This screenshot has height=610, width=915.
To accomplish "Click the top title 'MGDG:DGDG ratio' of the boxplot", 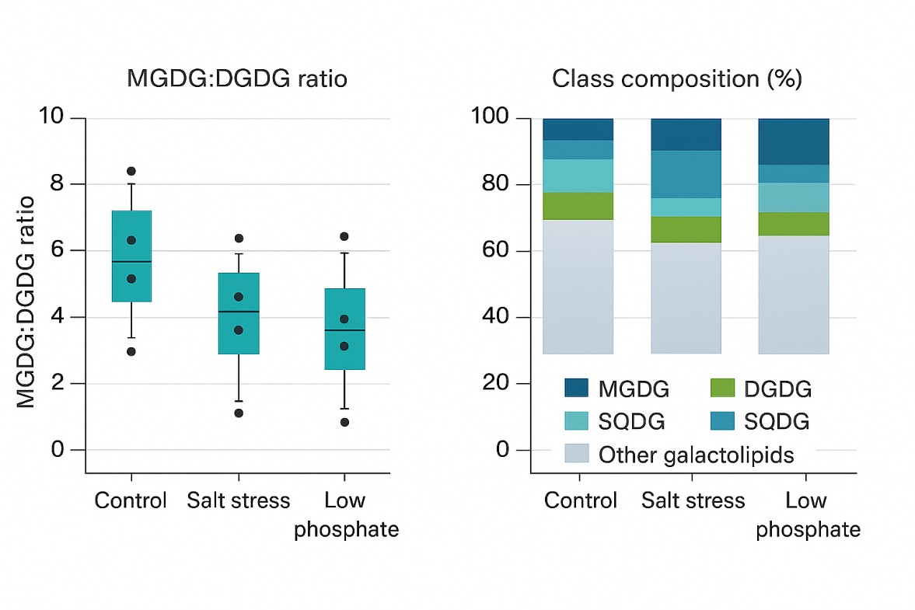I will coord(238,79).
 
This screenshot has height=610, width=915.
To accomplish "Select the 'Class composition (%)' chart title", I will coord(676,79).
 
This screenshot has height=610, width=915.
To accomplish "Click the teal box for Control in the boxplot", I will coord(131,256).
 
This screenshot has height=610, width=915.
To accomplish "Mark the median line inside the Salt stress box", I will coord(239,312).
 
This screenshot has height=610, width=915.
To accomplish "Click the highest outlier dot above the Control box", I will coord(131,171).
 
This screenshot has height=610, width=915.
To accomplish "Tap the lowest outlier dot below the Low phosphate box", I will coord(344,422).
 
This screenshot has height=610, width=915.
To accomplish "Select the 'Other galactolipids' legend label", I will coord(696,455).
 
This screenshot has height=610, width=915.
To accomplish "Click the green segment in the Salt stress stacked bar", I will coord(686,229).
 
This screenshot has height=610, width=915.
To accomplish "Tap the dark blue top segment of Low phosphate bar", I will coord(793,141).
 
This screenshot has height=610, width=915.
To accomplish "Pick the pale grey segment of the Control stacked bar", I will coord(578,286).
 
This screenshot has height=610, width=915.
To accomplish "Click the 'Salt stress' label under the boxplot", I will coord(238,500).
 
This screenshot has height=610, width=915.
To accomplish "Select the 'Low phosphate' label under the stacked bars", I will coord(807,514).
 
